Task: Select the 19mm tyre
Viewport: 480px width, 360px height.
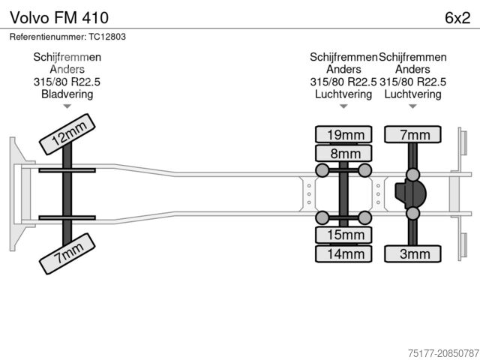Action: tap(344, 135)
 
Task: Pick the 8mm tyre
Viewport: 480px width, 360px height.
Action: tap(344, 154)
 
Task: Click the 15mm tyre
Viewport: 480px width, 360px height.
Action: tap(344, 235)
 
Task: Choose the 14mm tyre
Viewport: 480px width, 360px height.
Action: tap(344, 254)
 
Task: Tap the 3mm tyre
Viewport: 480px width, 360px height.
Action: tap(413, 254)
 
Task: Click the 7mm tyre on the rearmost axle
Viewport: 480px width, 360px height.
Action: tap(413, 135)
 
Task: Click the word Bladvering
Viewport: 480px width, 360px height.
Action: tap(67, 94)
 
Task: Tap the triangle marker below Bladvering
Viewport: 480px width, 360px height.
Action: tap(67, 107)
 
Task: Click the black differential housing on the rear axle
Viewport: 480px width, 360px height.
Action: tap(411, 194)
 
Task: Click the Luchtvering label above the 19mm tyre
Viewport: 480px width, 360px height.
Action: tap(343, 94)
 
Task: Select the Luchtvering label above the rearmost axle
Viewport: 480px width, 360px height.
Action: tap(412, 94)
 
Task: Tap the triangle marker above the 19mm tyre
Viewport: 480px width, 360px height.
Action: tap(343, 107)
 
